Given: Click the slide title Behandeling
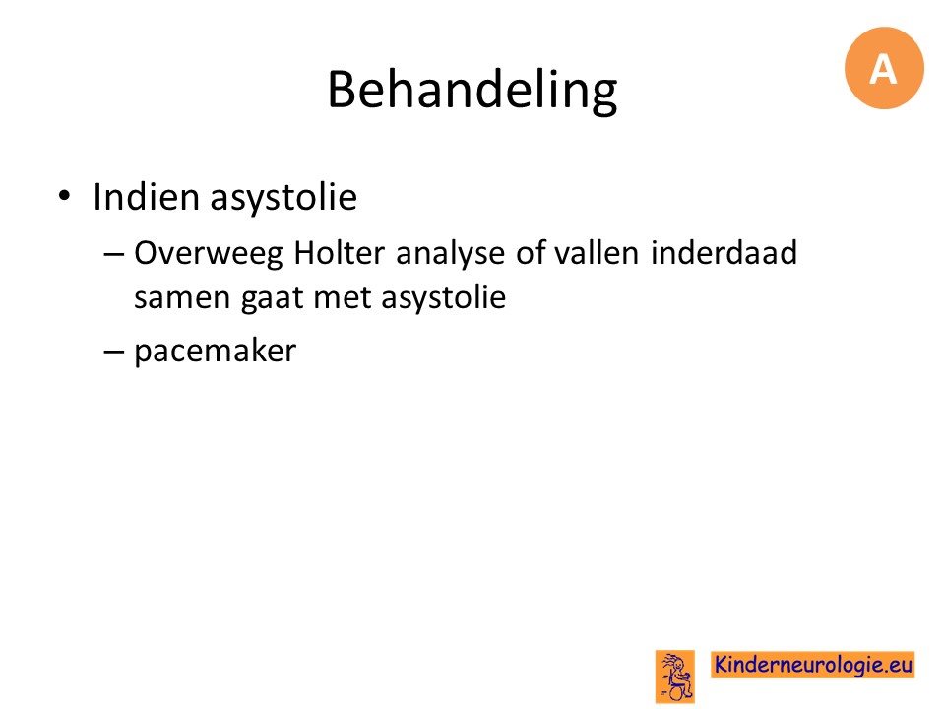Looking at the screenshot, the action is (472, 91).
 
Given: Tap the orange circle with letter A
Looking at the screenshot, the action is (884, 68).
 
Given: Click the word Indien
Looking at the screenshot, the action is (147, 197).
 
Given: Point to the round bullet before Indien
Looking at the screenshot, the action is (65, 196).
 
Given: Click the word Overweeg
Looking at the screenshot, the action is (209, 254).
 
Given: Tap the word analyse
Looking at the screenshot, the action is (452, 254).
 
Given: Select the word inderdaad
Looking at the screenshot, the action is (724, 252).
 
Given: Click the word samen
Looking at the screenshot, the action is (183, 298).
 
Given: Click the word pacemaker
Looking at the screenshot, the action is (216, 351).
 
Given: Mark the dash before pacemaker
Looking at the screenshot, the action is (113, 352).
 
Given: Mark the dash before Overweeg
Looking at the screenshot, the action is (113, 254).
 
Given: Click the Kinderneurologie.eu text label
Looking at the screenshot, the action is (813, 665).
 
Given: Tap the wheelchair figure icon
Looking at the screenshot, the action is (675, 677).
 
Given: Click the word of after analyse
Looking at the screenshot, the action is (531, 252).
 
